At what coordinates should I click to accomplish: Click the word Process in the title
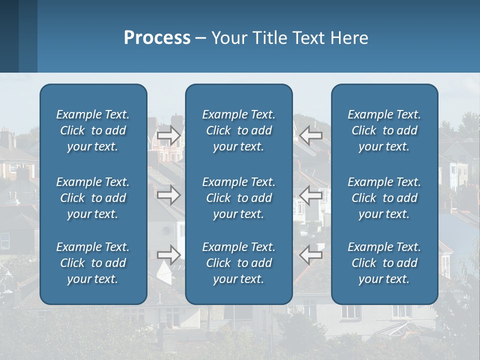(x=157, y=38)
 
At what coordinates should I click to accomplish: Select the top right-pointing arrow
(x=169, y=134)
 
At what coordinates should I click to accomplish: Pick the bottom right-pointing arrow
(x=169, y=255)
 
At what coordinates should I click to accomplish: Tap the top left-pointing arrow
(x=311, y=134)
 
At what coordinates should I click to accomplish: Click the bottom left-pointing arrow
(x=311, y=255)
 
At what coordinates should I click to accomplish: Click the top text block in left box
(x=92, y=130)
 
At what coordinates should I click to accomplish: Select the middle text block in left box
(x=92, y=198)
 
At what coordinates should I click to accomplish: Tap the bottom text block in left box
(x=92, y=263)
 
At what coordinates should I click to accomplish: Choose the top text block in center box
(x=238, y=130)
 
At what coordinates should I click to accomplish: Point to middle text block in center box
(x=238, y=198)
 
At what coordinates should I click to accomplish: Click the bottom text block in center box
(x=238, y=263)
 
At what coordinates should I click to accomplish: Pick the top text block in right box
(x=384, y=130)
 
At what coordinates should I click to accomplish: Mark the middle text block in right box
(x=384, y=198)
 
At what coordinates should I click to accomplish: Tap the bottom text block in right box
(x=384, y=263)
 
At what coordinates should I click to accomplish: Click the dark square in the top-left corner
(x=9, y=36)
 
